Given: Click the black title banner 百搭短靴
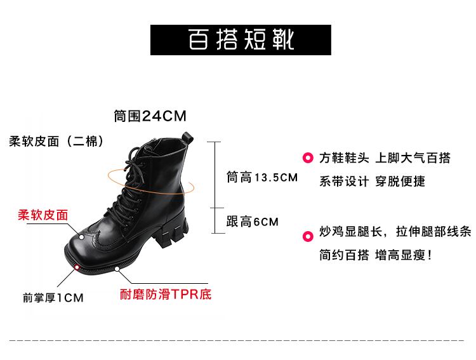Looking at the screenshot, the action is (x=241, y=40).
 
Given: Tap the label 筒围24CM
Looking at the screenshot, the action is (x=150, y=116).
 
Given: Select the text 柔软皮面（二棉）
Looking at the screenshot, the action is (x=56, y=141).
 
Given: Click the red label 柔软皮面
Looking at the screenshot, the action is (x=43, y=215).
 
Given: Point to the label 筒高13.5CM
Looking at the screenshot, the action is (x=262, y=178).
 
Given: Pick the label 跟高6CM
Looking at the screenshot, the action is (x=253, y=222).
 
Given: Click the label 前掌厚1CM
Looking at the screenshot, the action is (x=53, y=297).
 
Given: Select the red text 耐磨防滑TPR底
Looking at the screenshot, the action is (x=166, y=295).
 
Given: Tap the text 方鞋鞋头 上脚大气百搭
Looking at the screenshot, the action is (x=385, y=158).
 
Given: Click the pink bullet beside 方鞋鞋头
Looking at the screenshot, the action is (x=308, y=158).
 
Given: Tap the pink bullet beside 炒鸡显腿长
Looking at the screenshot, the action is (x=308, y=237).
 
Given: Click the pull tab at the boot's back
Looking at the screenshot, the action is (x=188, y=136).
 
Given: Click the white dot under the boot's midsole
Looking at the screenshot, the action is (x=119, y=269).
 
